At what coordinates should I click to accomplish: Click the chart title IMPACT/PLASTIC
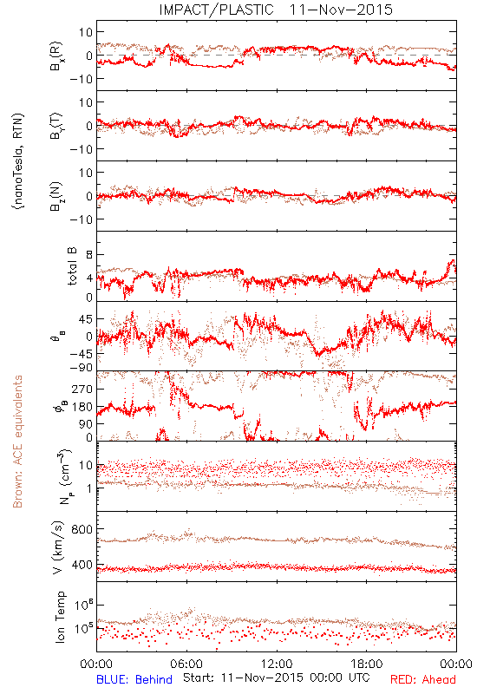tap(216, 10)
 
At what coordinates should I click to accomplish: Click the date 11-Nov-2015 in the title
tap(341, 10)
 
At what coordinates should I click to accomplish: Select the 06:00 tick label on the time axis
tap(186, 664)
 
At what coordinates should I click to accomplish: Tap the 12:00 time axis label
tap(277, 664)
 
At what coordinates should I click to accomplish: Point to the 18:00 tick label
tap(367, 664)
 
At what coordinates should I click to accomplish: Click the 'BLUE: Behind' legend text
tap(134, 679)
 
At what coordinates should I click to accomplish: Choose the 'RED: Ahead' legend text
tap(423, 679)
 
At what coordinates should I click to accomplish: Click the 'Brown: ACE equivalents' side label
tap(17, 442)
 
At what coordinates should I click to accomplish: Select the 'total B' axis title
tap(72, 266)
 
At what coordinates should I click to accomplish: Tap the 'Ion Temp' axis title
tap(60, 617)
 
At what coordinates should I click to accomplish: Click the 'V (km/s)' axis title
tap(58, 547)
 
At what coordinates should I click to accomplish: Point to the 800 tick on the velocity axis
tap(82, 529)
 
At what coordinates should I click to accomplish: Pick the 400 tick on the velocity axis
tap(82, 565)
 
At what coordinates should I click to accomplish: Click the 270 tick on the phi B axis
tap(82, 389)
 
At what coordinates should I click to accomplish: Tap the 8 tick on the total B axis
tap(89, 254)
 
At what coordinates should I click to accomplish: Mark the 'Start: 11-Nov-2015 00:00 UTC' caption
tap(277, 678)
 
